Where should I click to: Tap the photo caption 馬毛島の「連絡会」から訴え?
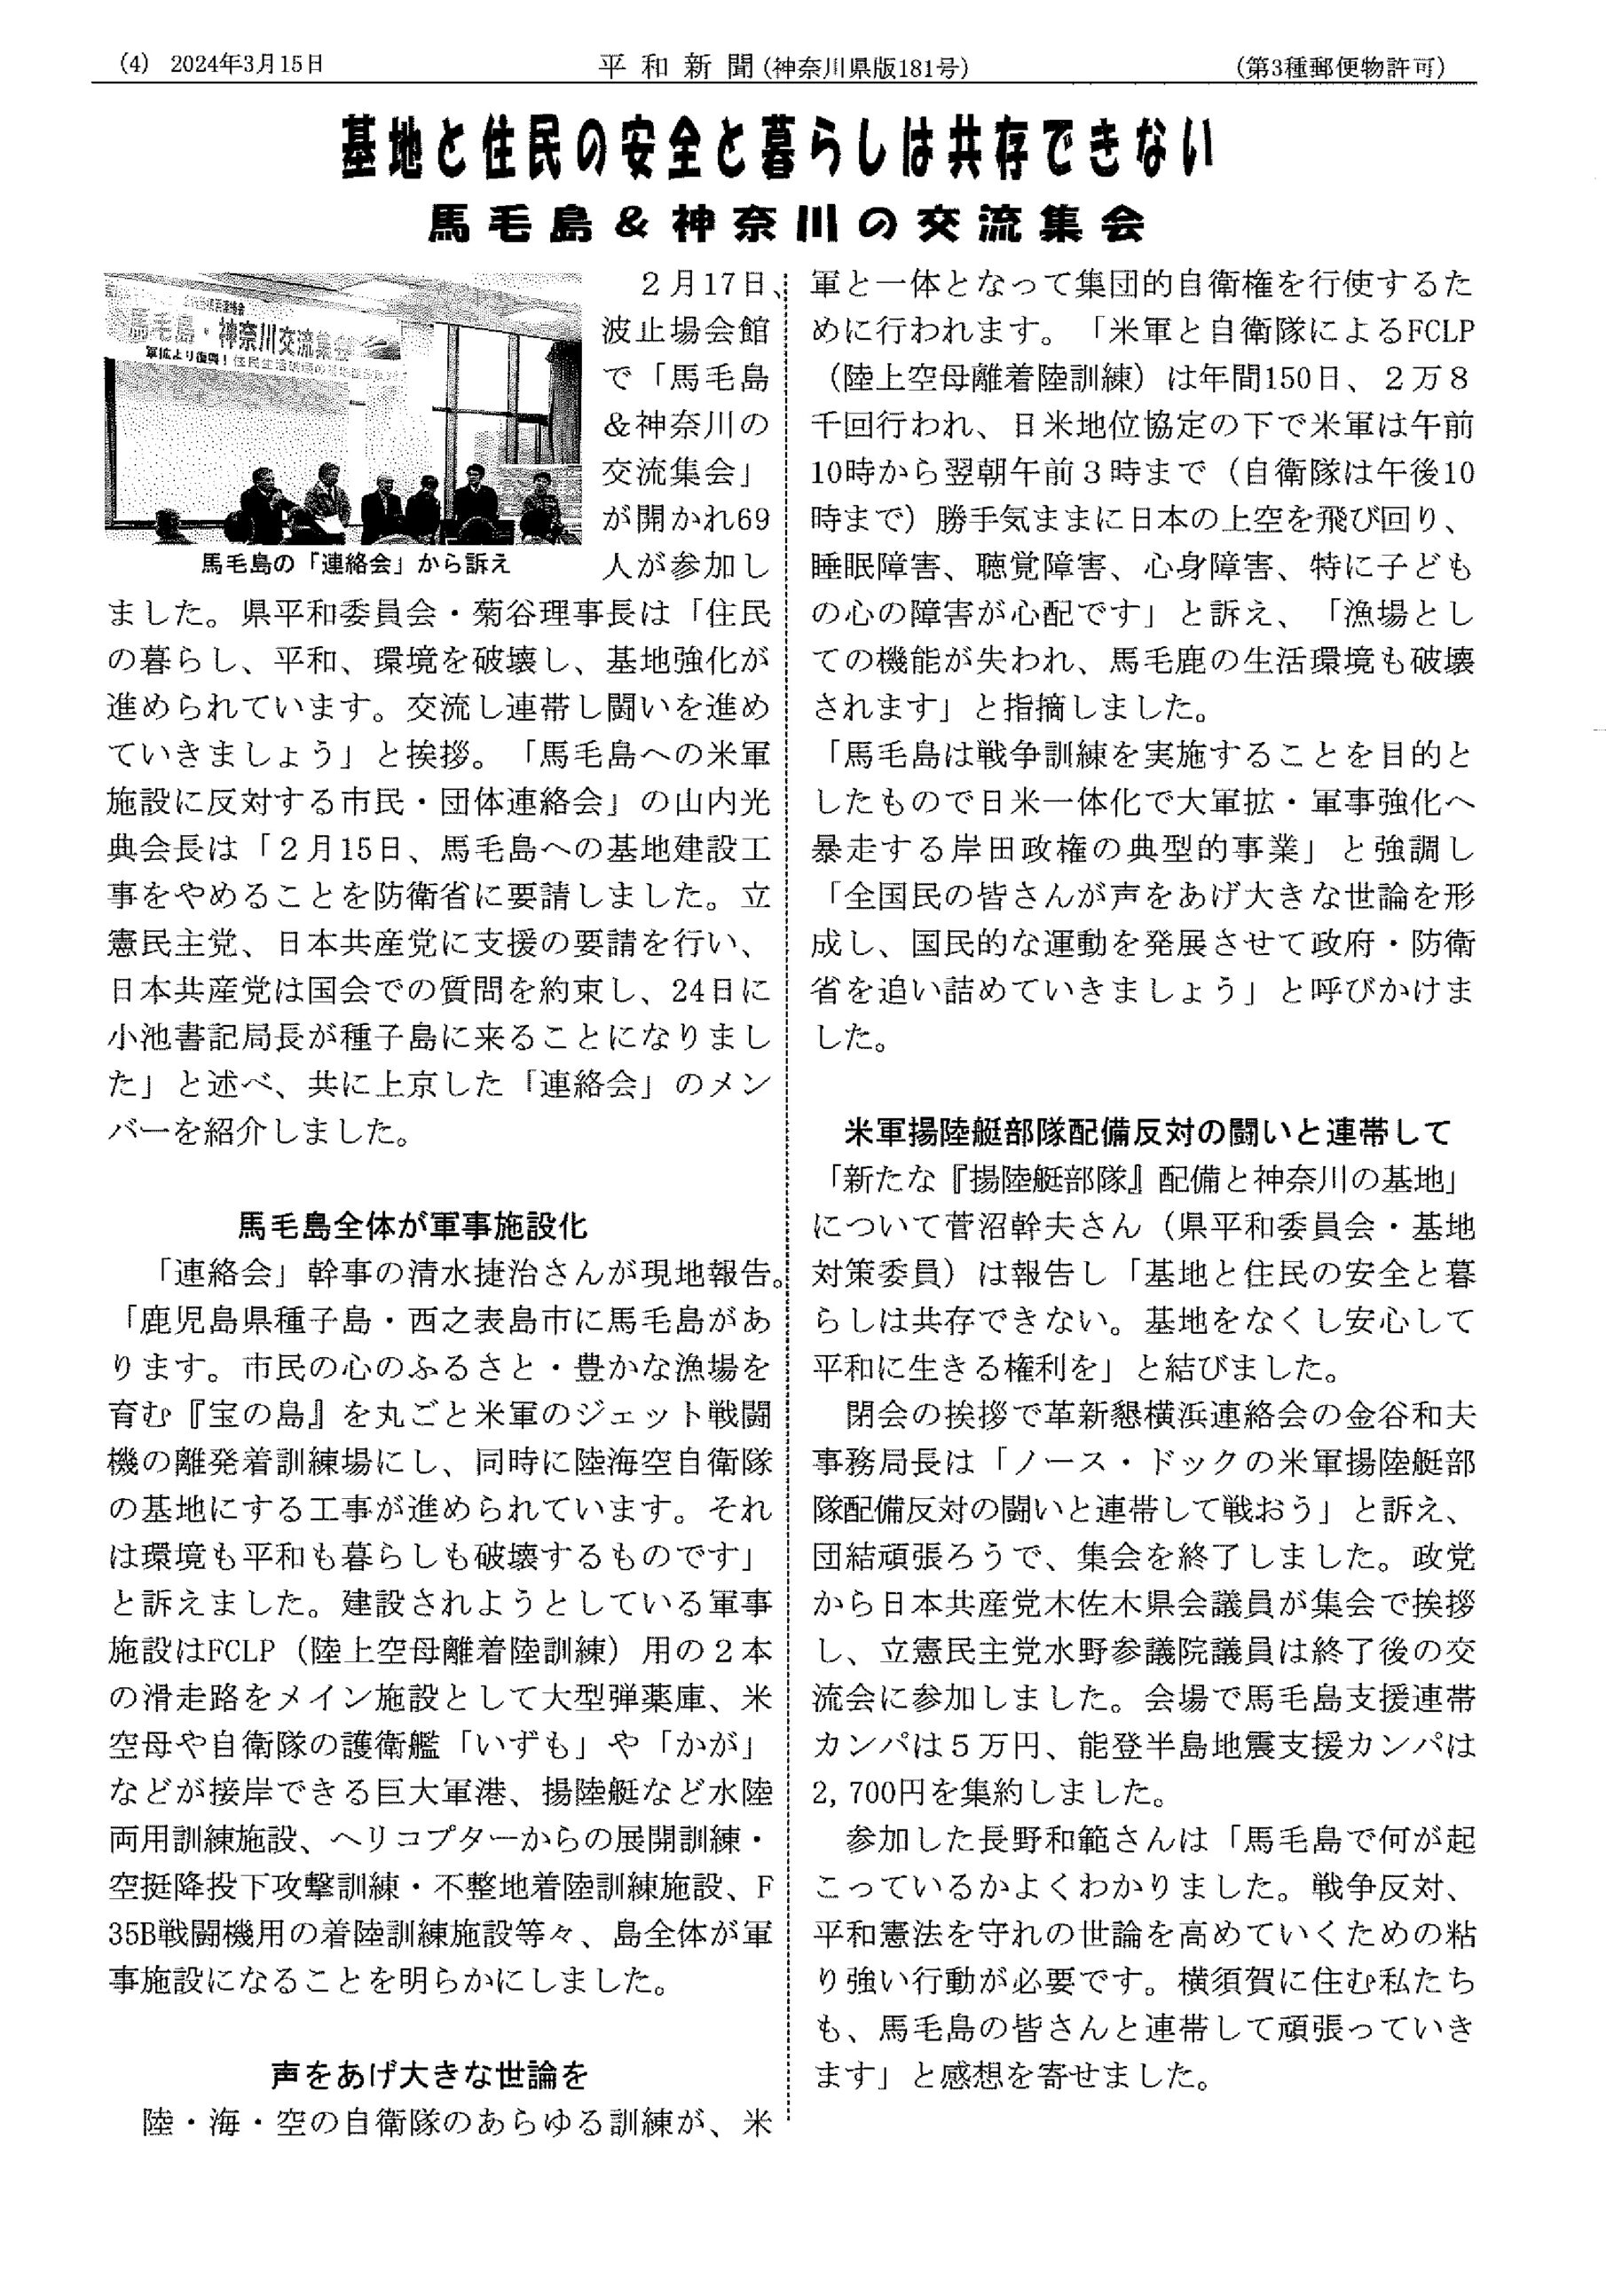click(x=356, y=565)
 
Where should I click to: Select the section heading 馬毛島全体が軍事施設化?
click(x=413, y=1228)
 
